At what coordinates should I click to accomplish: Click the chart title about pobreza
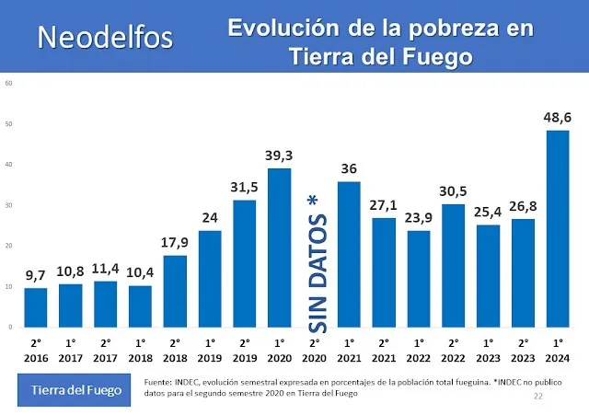coord(381,41)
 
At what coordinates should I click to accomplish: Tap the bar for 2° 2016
coord(35,307)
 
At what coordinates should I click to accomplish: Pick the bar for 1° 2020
coord(280,248)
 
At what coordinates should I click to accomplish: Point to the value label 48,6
coord(558,117)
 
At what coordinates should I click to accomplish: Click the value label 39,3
coord(280,155)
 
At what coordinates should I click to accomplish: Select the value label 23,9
coord(419,217)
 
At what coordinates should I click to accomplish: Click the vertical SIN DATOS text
coord(316,263)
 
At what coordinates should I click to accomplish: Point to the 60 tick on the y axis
coord(9,83)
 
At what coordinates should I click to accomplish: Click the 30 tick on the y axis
coord(9,205)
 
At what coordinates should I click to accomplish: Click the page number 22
coord(539,396)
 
